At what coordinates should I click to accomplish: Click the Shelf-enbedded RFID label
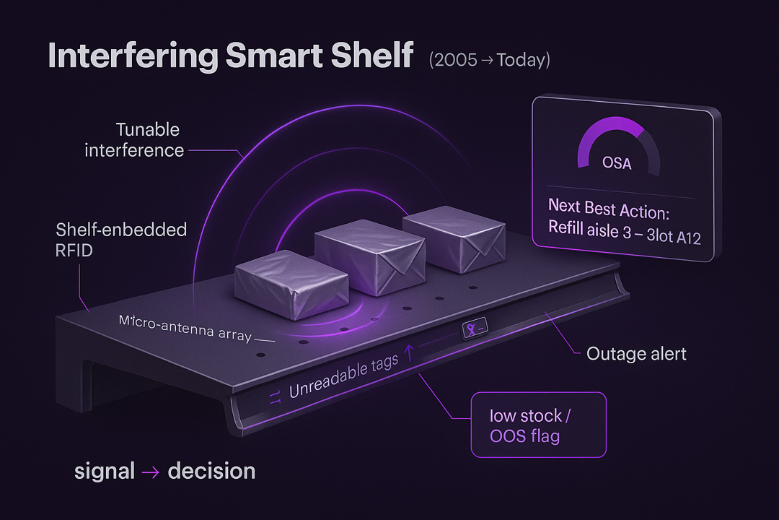click(121, 240)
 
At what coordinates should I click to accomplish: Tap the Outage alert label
click(636, 354)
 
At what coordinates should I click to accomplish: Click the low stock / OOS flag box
click(537, 425)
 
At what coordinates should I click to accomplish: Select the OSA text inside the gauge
click(617, 164)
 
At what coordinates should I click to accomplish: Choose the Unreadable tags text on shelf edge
click(343, 376)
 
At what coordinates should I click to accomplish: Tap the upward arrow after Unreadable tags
click(410, 352)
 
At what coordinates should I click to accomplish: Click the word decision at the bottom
click(211, 472)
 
